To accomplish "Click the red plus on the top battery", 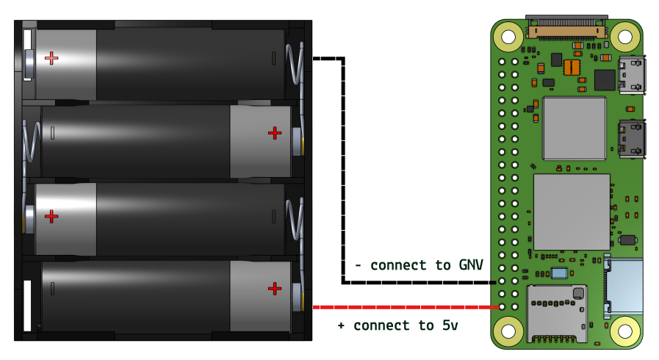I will [x=51, y=58].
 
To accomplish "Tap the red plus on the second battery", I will [x=275, y=133].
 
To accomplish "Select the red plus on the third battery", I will [x=51, y=216].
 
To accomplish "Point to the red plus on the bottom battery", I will [x=275, y=289].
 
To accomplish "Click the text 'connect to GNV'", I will [x=426, y=265].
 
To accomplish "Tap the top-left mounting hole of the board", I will [x=508, y=36].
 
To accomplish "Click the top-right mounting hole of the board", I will [x=625, y=36].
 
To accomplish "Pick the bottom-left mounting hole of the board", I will [x=508, y=331].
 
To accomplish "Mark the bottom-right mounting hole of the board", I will [x=625, y=331].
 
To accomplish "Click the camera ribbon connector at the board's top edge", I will [x=566, y=29].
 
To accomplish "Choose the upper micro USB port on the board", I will [x=632, y=74].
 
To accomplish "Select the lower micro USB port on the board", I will [x=632, y=138].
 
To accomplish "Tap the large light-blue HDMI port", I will [x=625, y=286].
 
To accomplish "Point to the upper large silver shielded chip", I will [x=575, y=128].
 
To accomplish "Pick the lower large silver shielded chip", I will [x=572, y=212].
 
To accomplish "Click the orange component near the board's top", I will [x=572, y=68].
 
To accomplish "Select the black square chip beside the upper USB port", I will [x=605, y=80].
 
